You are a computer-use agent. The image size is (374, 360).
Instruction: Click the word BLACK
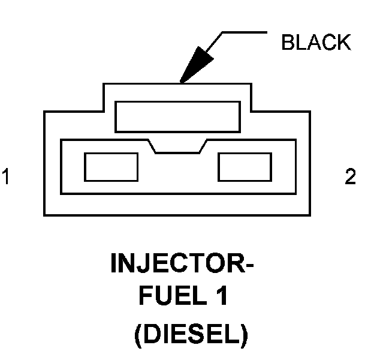(316, 42)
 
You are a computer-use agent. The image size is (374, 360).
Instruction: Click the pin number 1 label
(5, 176)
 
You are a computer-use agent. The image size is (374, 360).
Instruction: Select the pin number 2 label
(350, 176)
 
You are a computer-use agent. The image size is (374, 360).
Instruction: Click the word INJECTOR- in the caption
(182, 263)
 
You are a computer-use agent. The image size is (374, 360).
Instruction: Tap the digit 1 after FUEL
(222, 295)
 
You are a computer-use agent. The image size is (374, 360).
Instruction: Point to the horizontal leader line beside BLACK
(245, 32)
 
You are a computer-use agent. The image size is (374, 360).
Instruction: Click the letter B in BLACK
(288, 42)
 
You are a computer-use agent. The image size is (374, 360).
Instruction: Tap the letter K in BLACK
(344, 42)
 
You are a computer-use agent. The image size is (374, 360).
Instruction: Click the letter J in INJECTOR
(141, 263)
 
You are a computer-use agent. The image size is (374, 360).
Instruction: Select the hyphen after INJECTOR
(249, 265)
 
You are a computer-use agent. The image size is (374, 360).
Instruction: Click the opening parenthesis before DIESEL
(138, 336)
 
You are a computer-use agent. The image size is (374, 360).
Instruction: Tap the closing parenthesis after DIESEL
(245, 336)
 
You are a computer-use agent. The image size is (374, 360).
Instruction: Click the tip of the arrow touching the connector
(181, 82)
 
